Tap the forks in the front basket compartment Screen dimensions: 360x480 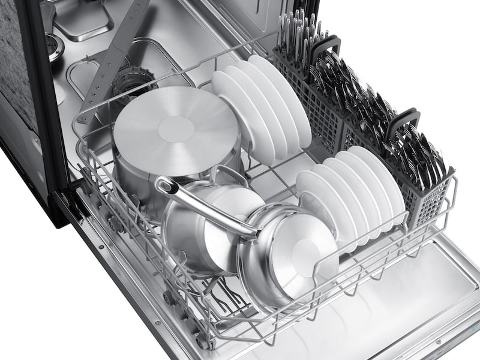point(414,150)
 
